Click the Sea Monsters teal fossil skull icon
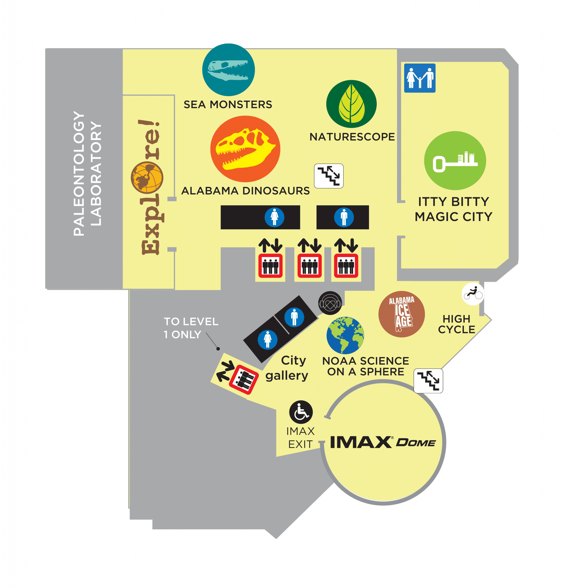click(228, 70)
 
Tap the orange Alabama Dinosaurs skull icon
click(245, 149)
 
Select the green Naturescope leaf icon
click(351, 104)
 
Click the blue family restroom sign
click(420, 78)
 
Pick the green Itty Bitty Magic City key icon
click(455, 161)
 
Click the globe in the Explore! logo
click(147, 178)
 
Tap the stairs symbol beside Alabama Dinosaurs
click(329, 176)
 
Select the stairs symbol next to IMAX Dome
click(428, 381)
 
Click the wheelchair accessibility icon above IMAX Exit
click(301, 412)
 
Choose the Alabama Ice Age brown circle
click(401, 314)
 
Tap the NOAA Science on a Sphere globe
click(345, 335)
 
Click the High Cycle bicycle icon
click(473, 293)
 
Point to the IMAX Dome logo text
click(383, 442)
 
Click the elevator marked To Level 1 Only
click(244, 379)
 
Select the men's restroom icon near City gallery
click(294, 317)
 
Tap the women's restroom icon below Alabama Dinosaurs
click(274, 217)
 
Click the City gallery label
click(287, 368)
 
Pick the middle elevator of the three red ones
click(309, 266)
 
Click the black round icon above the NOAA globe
click(330, 303)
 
